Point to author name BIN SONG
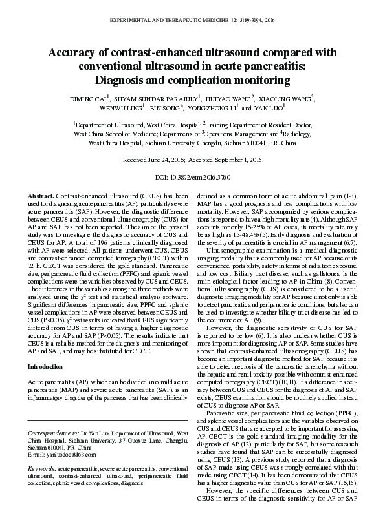point(168,109)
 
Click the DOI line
point(193,176)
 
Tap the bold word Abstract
point(41,194)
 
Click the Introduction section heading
point(45,366)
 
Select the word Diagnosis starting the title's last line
point(123,80)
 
